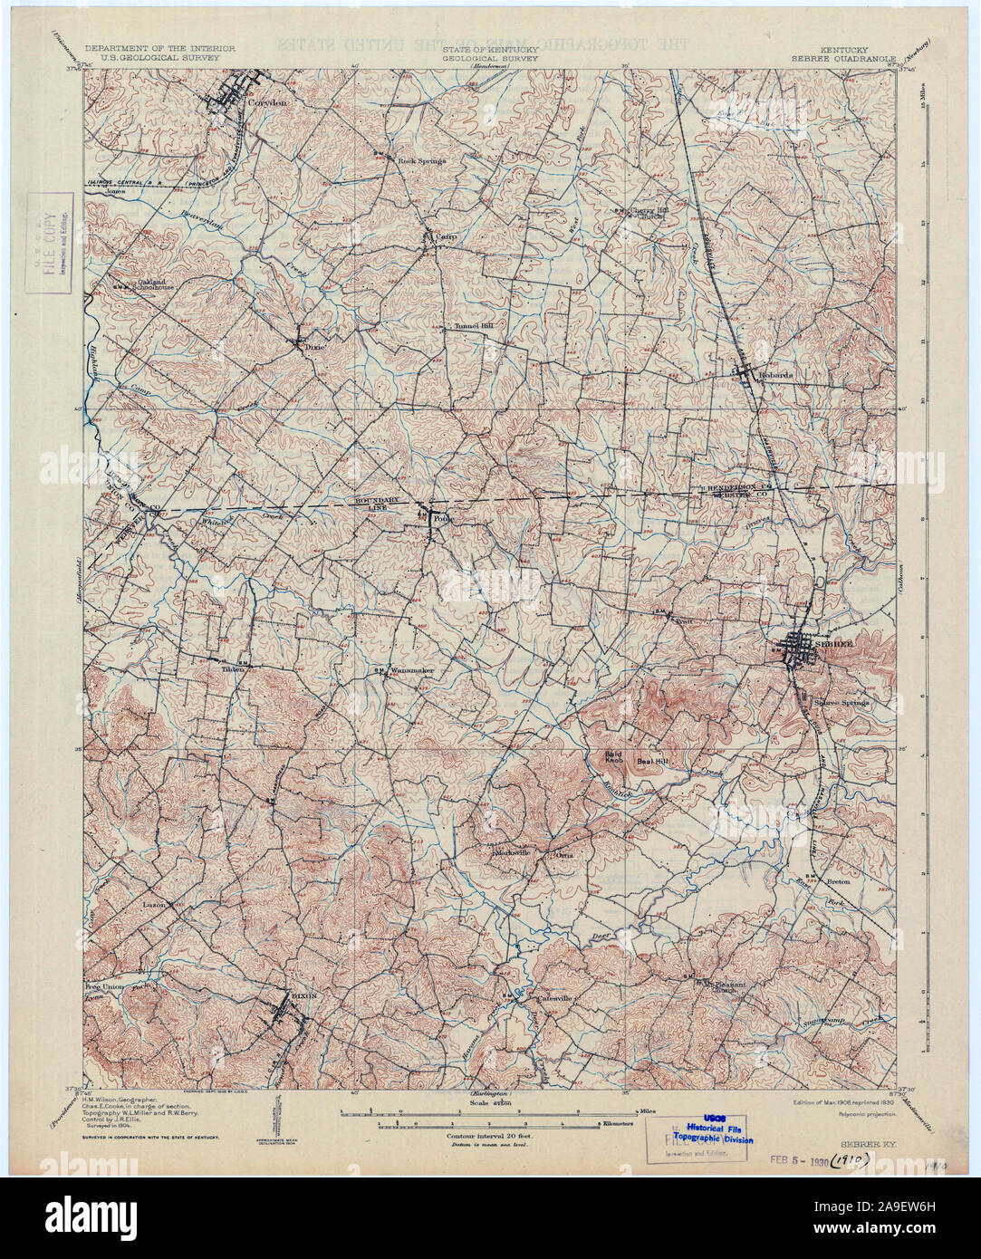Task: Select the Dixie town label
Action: [313, 346]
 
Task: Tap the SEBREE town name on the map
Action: [834, 643]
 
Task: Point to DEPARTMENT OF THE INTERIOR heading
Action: [160, 47]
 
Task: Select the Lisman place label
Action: [151, 904]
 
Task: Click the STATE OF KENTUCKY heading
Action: [490, 47]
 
